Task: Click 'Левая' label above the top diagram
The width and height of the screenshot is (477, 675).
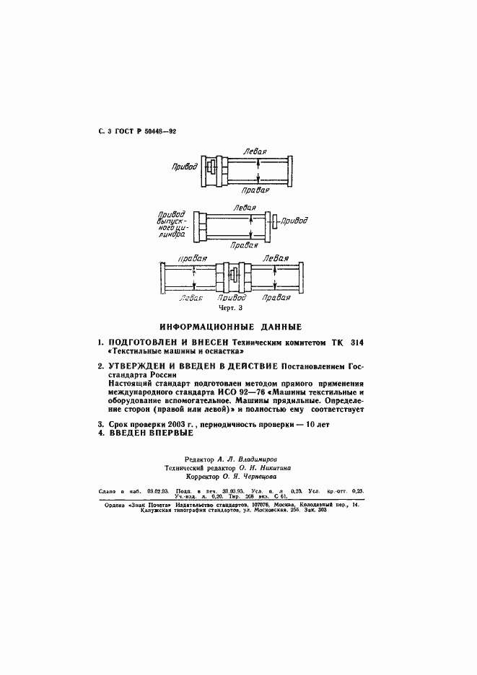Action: [255, 151]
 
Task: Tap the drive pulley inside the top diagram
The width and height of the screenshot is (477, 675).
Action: [211, 167]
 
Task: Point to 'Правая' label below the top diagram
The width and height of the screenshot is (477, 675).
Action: [257, 190]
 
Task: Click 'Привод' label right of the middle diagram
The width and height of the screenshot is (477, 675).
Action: [297, 221]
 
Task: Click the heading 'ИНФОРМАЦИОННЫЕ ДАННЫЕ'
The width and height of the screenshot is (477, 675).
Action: [230, 327]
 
